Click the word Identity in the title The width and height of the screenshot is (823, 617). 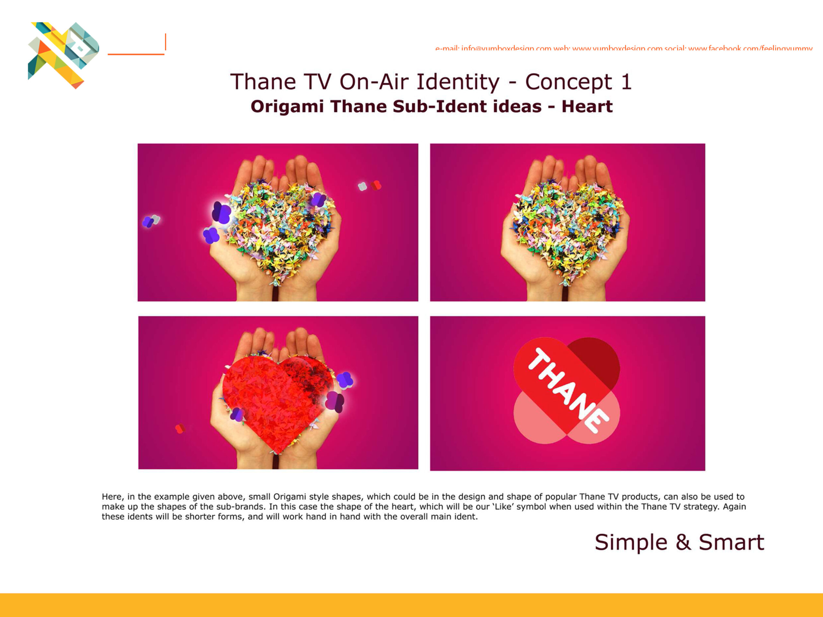(x=458, y=82)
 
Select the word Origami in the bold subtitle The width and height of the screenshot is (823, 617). (x=287, y=107)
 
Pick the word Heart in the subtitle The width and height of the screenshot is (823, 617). (x=587, y=107)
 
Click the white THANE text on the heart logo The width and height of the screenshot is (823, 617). (x=568, y=390)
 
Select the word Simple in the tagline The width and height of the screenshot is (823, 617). (x=631, y=543)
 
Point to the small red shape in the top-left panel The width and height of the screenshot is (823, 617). (x=376, y=185)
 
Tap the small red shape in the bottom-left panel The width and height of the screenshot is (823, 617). (x=180, y=428)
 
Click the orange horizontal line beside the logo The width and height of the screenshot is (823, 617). (x=136, y=54)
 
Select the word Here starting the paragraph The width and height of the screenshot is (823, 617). (x=112, y=497)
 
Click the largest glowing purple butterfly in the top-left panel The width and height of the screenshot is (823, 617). (x=222, y=213)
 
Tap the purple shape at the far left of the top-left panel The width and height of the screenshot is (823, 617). (x=148, y=222)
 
